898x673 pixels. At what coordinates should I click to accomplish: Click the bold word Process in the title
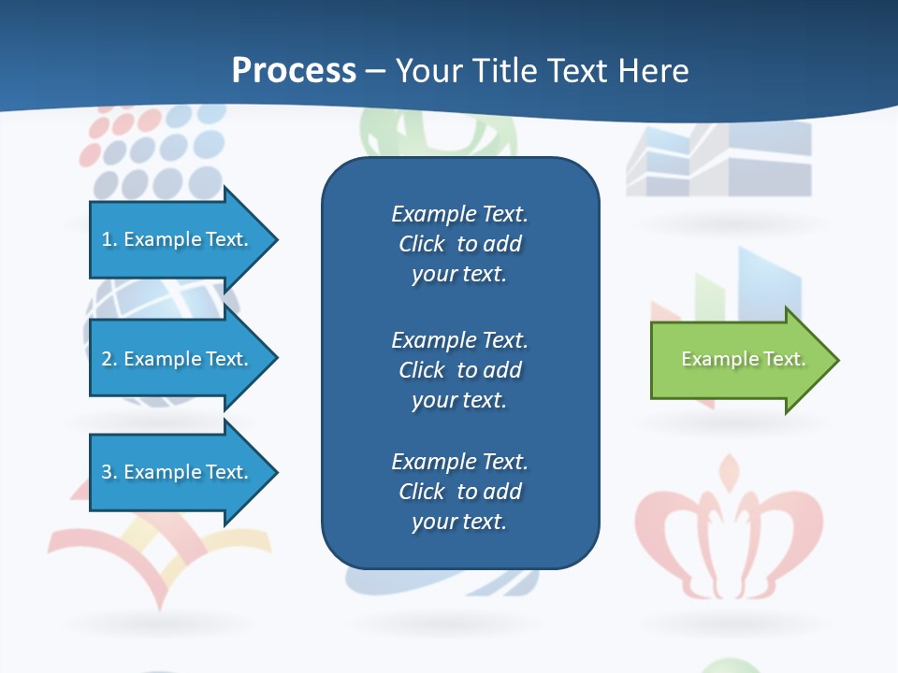294,71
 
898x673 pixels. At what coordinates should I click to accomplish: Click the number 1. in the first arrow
109,239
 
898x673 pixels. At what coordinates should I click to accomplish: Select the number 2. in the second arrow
109,359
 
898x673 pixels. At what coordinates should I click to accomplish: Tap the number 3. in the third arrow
109,472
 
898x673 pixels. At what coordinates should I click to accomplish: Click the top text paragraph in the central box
459,244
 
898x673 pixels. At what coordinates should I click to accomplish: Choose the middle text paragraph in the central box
459,370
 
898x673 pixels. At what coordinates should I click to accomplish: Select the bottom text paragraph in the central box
459,492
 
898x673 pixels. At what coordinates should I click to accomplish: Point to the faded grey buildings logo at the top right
718,159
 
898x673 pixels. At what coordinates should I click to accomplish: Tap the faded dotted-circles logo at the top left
150,150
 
